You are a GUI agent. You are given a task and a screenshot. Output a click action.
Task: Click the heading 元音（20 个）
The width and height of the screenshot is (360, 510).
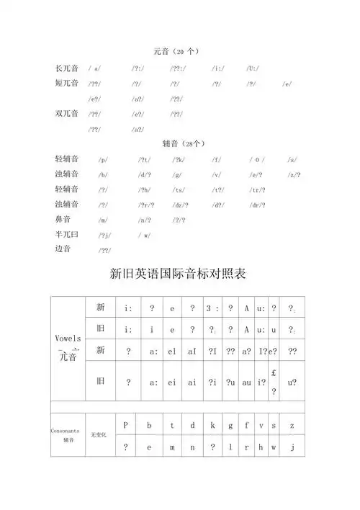click(x=176, y=51)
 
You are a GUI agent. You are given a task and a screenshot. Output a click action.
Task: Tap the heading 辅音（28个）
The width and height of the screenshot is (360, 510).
click(x=177, y=143)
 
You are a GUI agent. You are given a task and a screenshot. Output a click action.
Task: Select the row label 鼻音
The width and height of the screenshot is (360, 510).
click(x=64, y=218)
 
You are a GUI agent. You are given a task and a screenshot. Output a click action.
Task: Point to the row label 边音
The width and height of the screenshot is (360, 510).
click(x=64, y=249)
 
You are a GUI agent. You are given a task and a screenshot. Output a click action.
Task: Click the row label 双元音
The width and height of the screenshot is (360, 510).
click(x=67, y=114)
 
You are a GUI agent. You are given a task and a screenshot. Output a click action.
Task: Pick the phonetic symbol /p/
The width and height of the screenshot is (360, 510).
click(x=103, y=160)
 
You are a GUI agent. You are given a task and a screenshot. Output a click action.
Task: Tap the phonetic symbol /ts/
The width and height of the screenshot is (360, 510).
click(x=178, y=189)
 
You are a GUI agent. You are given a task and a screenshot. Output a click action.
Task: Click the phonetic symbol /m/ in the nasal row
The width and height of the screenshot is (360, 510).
click(x=103, y=220)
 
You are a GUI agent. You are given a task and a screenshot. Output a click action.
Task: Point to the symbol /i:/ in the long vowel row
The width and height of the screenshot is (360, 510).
click(x=218, y=68)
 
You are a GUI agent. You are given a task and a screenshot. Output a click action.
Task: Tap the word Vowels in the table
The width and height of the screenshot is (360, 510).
click(x=67, y=339)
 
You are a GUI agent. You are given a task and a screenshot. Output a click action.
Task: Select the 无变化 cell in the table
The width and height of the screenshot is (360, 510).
click(x=99, y=436)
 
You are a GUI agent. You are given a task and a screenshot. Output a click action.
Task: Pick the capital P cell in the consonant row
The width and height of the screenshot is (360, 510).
click(x=125, y=425)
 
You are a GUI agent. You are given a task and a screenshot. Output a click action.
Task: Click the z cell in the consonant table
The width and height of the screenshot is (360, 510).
click(x=292, y=425)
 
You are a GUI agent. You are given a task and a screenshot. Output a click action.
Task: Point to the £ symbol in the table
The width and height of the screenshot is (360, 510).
click(x=274, y=373)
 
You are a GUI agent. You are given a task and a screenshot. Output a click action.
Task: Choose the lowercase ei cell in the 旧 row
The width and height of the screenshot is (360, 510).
click(x=172, y=383)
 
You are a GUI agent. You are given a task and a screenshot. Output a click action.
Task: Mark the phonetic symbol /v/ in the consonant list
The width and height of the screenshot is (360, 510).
click(x=217, y=175)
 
